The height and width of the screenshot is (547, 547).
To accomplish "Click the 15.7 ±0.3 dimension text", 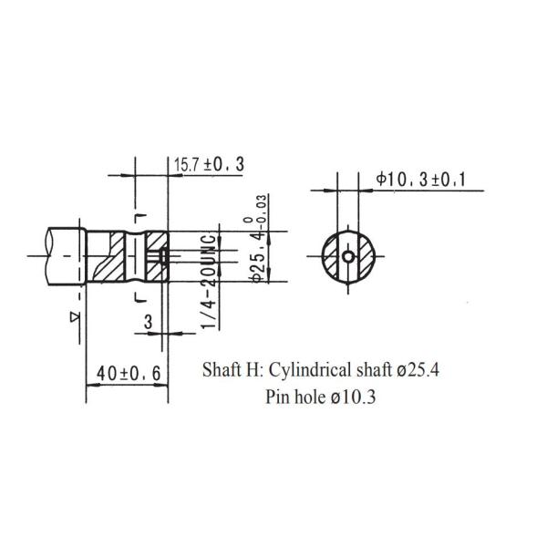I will point(210,164).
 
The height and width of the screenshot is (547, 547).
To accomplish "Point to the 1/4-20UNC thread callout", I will point(209,283).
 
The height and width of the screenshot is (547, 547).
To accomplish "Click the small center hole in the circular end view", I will point(349,258).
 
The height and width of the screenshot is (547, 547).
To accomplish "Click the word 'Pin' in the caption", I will point(279,397).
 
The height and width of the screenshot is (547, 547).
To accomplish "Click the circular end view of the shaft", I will point(349,258).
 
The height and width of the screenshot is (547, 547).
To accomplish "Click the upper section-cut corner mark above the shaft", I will point(138,216).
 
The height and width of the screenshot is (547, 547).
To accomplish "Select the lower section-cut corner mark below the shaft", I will point(138,298).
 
